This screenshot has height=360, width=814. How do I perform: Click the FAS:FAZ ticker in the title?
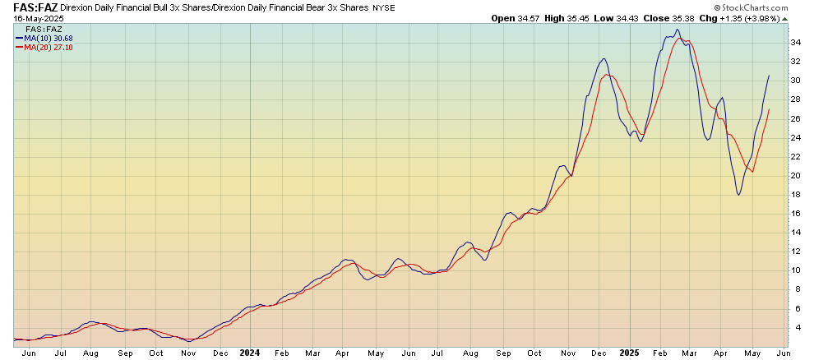[x=30, y=7]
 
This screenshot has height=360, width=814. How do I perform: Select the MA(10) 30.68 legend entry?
[x=45, y=37]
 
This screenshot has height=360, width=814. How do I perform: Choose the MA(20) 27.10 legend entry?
[x=45, y=46]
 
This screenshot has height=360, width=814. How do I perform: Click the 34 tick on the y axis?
[x=795, y=42]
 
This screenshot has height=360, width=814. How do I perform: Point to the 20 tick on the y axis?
[x=795, y=175]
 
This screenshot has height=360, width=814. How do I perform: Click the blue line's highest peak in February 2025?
[x=678, y=30]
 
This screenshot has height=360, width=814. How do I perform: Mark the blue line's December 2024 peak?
[x=604, y=58]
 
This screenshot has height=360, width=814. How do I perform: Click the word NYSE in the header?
[x=384, y=7]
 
